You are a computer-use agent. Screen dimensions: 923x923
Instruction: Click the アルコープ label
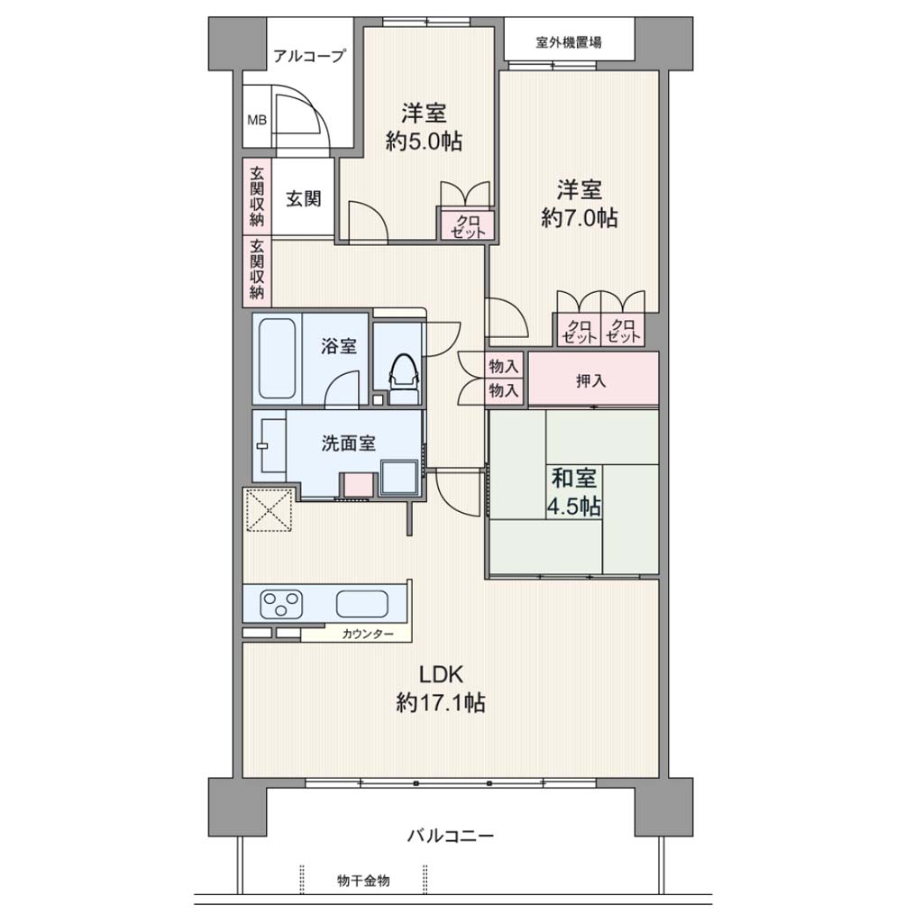309,56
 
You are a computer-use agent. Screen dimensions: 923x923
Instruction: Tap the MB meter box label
257,120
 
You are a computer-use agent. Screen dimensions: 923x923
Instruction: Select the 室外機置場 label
569,42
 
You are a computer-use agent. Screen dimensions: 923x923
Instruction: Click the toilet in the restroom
404,378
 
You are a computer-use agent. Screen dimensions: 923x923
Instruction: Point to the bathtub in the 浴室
278,359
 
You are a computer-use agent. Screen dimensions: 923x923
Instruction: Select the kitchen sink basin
362,604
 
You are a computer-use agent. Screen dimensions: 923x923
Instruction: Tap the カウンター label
368,634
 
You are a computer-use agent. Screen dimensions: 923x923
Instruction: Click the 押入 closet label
591,381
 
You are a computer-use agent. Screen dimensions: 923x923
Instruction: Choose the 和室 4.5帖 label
574,491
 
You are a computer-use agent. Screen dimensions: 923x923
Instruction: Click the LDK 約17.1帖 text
441,688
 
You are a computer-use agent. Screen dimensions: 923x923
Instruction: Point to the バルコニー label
451,836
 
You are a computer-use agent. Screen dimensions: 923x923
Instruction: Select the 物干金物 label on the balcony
363,882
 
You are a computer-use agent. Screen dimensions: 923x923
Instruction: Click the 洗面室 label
348,443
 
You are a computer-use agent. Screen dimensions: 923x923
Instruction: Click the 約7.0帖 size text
580,218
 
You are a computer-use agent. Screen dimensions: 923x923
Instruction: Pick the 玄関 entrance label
303,199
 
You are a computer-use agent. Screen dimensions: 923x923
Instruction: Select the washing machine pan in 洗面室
398,478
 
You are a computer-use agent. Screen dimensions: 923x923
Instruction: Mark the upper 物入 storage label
504,366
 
